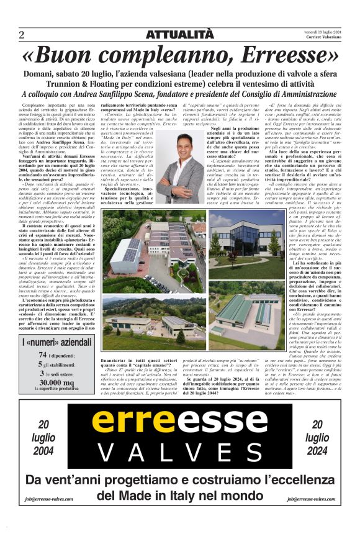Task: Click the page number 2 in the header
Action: click(x=22, y=34)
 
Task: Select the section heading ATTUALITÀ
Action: click(x=179, y=35)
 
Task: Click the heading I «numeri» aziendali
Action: click(x=56, y=342)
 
